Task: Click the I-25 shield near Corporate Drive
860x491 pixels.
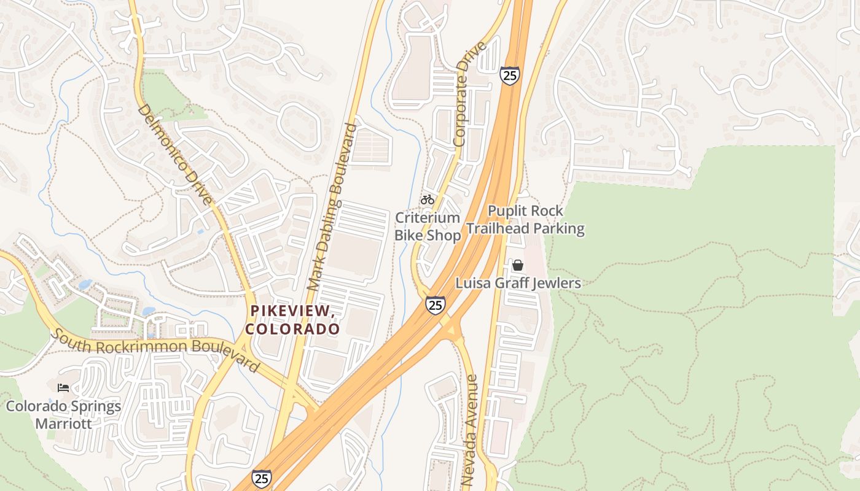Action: point(509,75)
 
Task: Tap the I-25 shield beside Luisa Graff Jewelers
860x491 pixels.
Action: point(436,304)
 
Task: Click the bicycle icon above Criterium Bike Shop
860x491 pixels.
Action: point(428,199)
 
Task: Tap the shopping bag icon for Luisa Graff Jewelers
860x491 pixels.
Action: point(518,265)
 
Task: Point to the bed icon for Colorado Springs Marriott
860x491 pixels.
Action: point(63,387)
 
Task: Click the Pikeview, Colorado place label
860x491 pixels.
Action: point(293,320)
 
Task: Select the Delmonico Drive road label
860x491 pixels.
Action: point(174,153)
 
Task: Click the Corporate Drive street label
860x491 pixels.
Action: point(470,93)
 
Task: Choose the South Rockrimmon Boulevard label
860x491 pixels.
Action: point(155,349)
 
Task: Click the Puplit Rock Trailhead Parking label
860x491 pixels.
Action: point(525,220)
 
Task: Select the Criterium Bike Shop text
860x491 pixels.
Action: point(428,226)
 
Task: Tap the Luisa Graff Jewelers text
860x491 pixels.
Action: point(518,284)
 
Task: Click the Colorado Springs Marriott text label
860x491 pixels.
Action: point(63,415)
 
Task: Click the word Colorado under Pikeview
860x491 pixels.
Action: point(293,329)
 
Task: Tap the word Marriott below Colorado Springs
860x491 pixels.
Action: point(63,423)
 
